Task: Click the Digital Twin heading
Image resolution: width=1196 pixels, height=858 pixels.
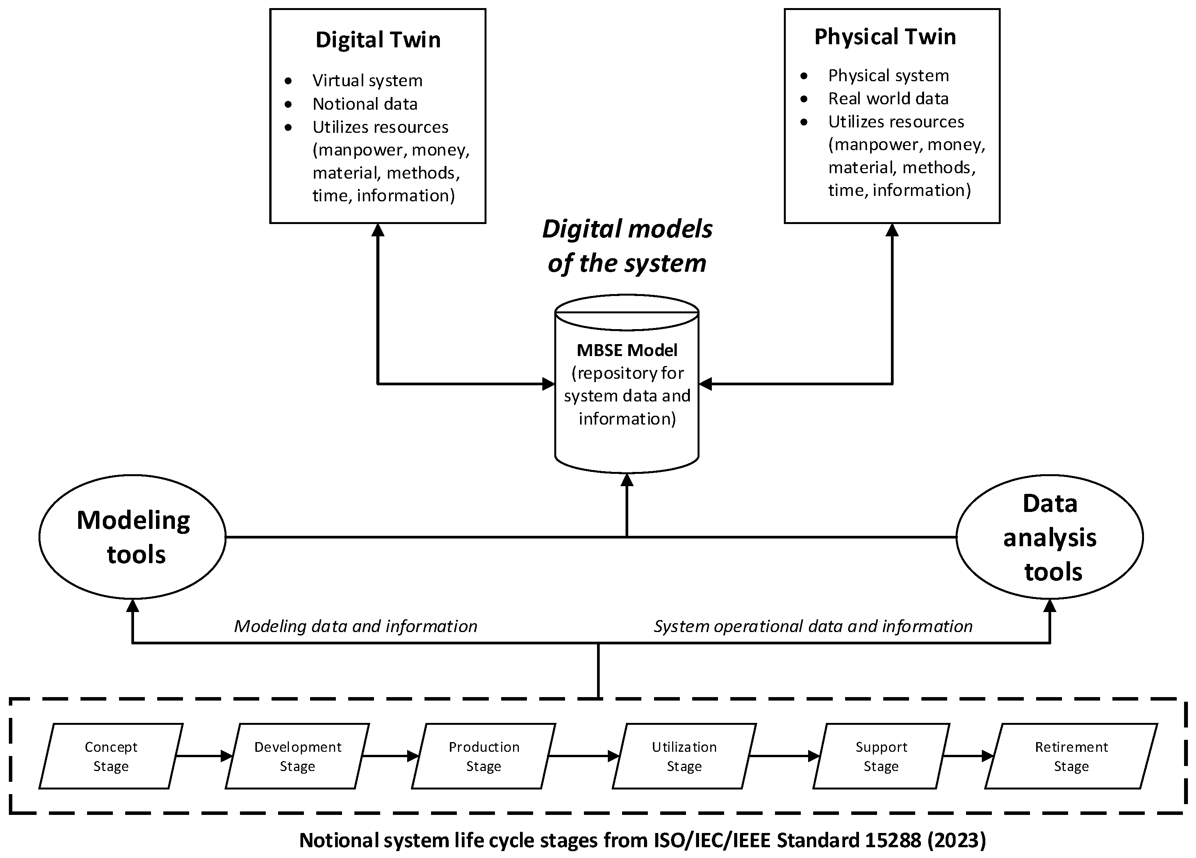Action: click(x=377, y=40)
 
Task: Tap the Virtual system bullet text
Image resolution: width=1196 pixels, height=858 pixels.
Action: click(x=367, y=80)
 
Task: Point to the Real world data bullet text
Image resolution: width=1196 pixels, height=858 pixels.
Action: click(x=888, y=99)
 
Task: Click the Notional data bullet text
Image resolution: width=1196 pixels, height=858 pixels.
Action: click(x=364, y=104)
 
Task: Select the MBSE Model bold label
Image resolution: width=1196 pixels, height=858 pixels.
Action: click(x=626, y=350)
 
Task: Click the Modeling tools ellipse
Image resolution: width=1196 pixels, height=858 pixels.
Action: click(x=133, y=537)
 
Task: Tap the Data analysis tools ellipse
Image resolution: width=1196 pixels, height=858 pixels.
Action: click(x=1049, y=537)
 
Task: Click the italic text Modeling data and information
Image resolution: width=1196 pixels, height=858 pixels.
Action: click(x=356, y=626)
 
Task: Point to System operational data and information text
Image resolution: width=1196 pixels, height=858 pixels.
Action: click(x=813, y=626)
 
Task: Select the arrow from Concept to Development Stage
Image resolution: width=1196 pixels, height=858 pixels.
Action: click(x=203, y=756)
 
